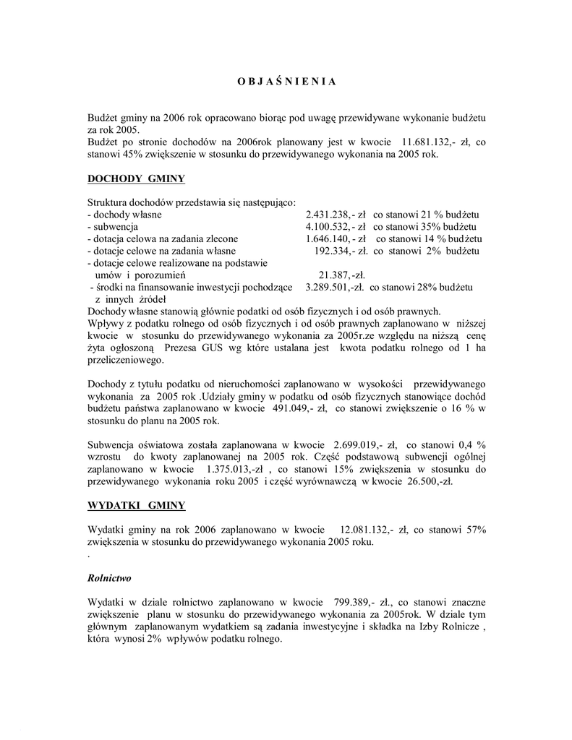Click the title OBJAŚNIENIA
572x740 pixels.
point(286,81)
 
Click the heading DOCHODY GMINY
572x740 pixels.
point(136,178)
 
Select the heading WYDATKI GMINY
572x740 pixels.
point(136,504)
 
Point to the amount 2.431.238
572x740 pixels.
point(330,215)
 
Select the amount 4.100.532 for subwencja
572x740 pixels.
point(330,227)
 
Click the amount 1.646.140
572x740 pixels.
point(330,238)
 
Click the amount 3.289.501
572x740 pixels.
point(330,287)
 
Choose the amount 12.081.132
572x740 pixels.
point(364,530)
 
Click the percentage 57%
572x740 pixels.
point(475,530)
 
